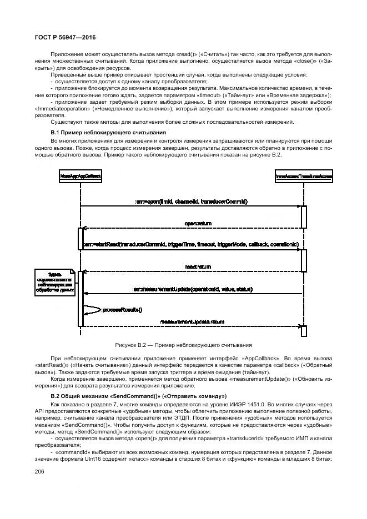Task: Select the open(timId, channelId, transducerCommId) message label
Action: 192,201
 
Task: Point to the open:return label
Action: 198,223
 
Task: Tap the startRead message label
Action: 192,244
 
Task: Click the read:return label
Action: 198,266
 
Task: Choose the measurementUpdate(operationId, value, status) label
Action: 193,289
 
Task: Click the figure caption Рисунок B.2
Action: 183,345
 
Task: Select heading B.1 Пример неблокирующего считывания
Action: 104,133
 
